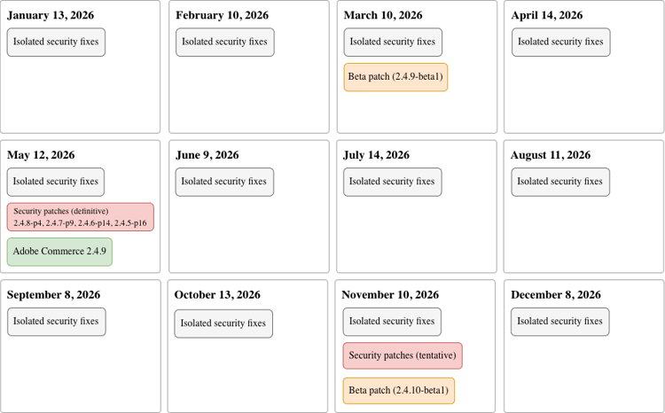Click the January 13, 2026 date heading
(51, 15)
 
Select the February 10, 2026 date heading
(222, 15)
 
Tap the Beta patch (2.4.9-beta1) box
(395, 76)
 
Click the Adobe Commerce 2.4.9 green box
(59, 252)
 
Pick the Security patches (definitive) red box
(81, 217)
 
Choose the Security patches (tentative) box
(403, 355)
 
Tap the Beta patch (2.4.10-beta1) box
(399, 390)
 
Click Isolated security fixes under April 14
(560, 42)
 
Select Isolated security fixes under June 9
(223, 182)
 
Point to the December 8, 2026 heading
(556, 294)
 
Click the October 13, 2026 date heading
(217, 294)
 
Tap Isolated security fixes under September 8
(56, 322)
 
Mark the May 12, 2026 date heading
(41, 155)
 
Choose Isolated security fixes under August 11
(559, 182)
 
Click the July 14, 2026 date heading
(376, 155)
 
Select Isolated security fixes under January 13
(56, 42)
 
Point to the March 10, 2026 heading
(385, 15)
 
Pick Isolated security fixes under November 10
(392, 322)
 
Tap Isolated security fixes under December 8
(559, 322)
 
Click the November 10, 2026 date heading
(390, 294)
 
